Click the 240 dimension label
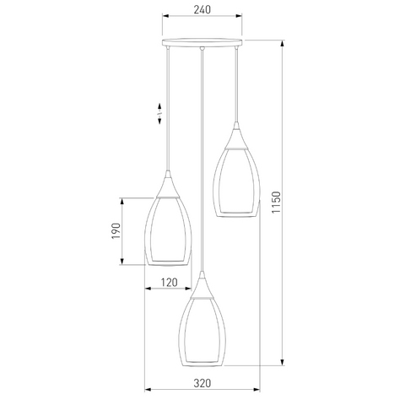[202, 9]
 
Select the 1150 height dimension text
[276, 202]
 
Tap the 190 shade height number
[116, 231]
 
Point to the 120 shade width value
[169, 283]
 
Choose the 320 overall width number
[202, 383]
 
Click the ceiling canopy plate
[202, 42]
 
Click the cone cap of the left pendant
[168, 185]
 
